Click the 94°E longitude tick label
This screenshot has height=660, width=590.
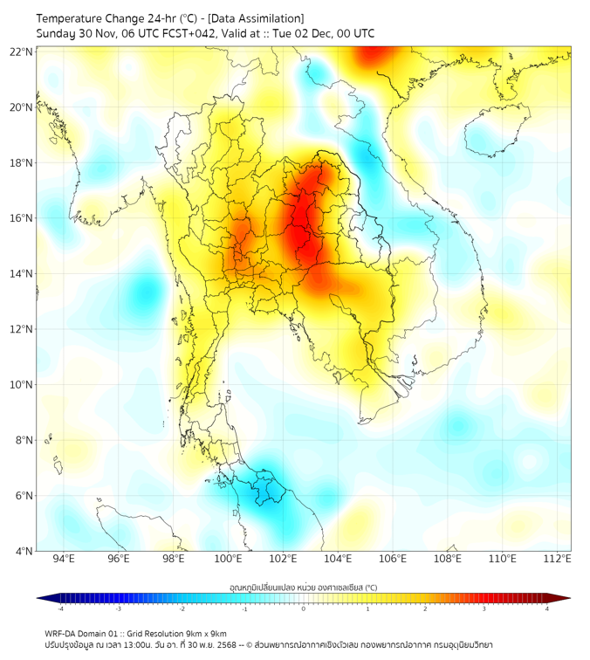point(64,559)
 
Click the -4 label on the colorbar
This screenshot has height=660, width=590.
point(59,608)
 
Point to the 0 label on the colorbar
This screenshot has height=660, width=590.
point(304,608)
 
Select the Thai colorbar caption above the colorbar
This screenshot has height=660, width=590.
point(303,588)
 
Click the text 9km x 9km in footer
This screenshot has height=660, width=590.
point(205,634)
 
